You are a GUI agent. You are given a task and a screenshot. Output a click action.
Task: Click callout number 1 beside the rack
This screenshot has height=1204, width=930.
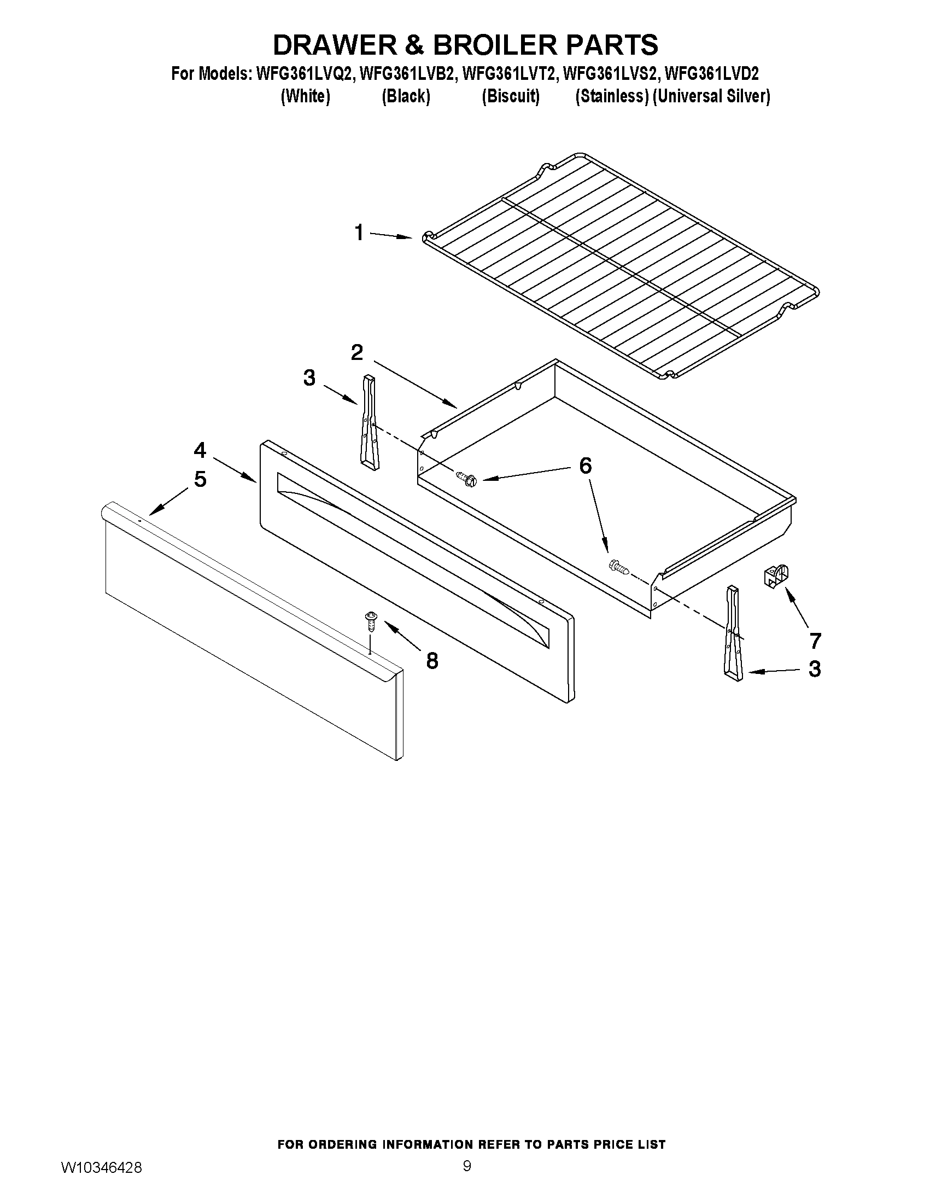359,232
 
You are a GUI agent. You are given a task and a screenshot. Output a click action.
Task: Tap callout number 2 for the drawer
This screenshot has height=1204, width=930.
357,352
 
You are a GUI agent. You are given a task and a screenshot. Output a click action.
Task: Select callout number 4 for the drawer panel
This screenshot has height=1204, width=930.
200,450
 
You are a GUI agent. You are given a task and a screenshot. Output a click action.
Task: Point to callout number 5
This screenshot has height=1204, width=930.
200,479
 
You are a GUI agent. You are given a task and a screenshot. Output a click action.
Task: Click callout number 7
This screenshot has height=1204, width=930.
815,640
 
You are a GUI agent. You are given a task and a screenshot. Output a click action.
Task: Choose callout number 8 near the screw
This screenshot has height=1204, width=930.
432,660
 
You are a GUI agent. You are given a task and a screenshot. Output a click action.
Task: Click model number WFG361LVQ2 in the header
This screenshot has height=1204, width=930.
302,73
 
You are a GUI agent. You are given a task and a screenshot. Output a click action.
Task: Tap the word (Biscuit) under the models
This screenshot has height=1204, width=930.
510,96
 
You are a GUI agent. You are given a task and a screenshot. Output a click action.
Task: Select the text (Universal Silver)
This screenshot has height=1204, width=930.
711,96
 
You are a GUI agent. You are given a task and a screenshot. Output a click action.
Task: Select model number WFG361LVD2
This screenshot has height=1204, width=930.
712,73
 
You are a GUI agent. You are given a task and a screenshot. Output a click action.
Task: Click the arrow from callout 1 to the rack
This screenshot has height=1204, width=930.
390,236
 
